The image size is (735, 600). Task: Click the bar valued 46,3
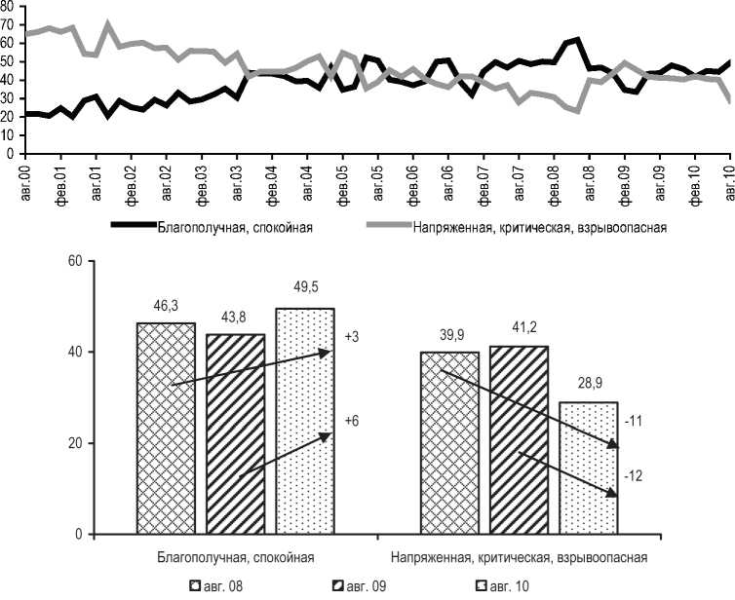(x=167, y=429)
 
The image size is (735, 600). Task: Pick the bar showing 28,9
(x=590, y=469)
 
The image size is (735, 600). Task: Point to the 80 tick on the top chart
(x=7, y=6)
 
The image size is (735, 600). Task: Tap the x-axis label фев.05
(x=342, y=183)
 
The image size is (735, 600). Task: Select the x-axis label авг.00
(x=25, y=183)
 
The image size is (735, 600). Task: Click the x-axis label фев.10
(x=694, y=183)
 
